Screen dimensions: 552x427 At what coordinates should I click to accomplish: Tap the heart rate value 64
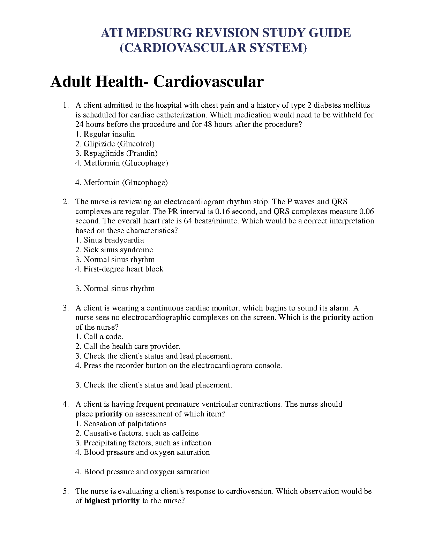point(188,221)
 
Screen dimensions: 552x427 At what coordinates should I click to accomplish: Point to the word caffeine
point(185,433)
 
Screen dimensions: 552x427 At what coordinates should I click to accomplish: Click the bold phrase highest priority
point(112,501)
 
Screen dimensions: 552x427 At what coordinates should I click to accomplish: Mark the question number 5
point(66,491)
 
